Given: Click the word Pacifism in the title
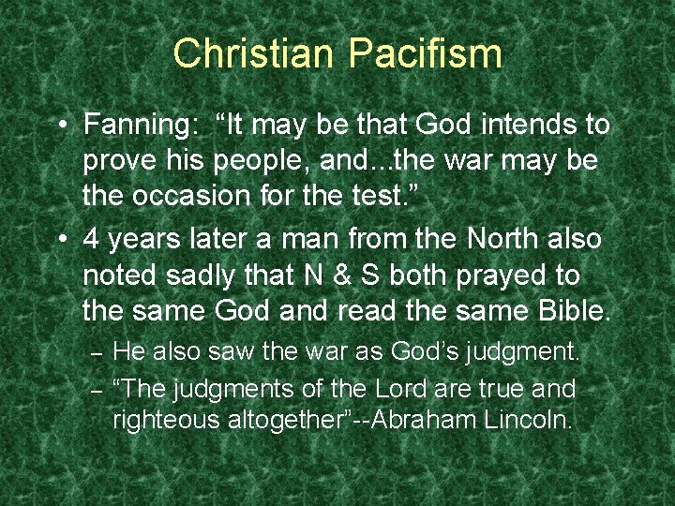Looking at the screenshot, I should tap(426, 53).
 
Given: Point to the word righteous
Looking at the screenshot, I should tap(165, 420).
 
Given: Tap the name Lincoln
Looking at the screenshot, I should tap(529, 420).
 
